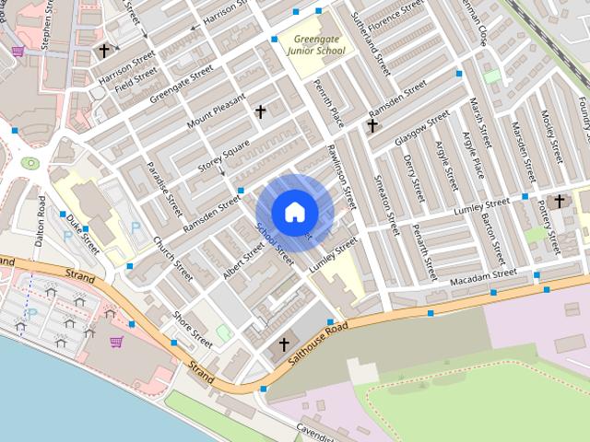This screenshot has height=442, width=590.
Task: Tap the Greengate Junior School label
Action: [x=313, y=44]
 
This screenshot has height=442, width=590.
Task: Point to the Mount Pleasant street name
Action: [x=217, y=110]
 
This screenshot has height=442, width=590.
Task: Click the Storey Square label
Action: [x=224, y=155]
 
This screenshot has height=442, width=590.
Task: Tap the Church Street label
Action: [x=173, y=260]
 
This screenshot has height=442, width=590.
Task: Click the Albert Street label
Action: [x=243, y=259]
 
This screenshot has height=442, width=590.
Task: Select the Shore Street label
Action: [x=193, y=330]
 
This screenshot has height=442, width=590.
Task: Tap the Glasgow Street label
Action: [x=422, y=127]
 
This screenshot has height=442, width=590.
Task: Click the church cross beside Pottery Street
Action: [x=560, y=200]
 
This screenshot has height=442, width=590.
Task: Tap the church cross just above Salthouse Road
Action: [x=284, y=344]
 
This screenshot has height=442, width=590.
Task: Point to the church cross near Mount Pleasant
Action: [x=260, y=111]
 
